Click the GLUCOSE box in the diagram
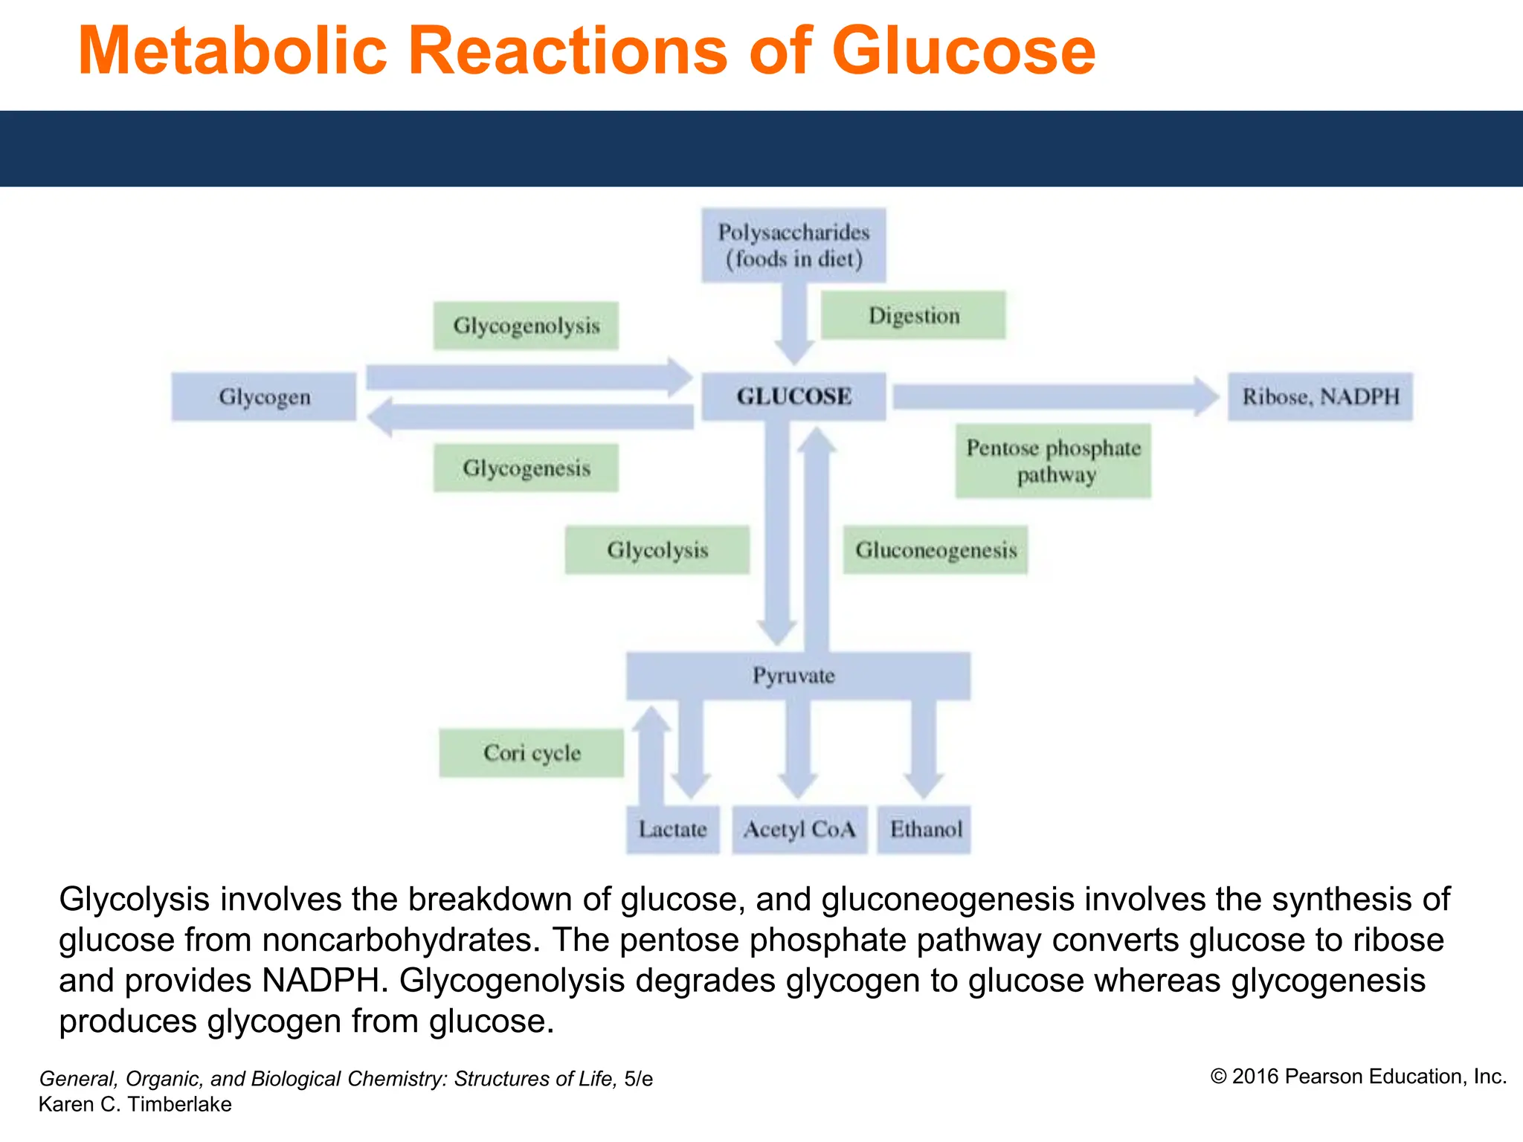click(793, 396)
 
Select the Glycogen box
click(264, 396)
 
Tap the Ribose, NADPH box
click(1320, 396)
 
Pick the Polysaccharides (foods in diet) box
click(793, 245)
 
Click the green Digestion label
click(913, 315)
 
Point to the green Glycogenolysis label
click(526, 326)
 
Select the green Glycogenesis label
click(526, 468)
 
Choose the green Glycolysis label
click(657, 549)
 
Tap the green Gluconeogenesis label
click(936, 549)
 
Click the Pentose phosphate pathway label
click(1053, 461)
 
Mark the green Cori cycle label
click(532, 752)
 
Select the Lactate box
click(672, 829)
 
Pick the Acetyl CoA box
click(799, 829)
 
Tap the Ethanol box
click(924, 829)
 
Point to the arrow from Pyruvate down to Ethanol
click(924, 747)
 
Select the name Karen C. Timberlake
click(135, 1104)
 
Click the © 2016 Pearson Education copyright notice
click(1358, 1077)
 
